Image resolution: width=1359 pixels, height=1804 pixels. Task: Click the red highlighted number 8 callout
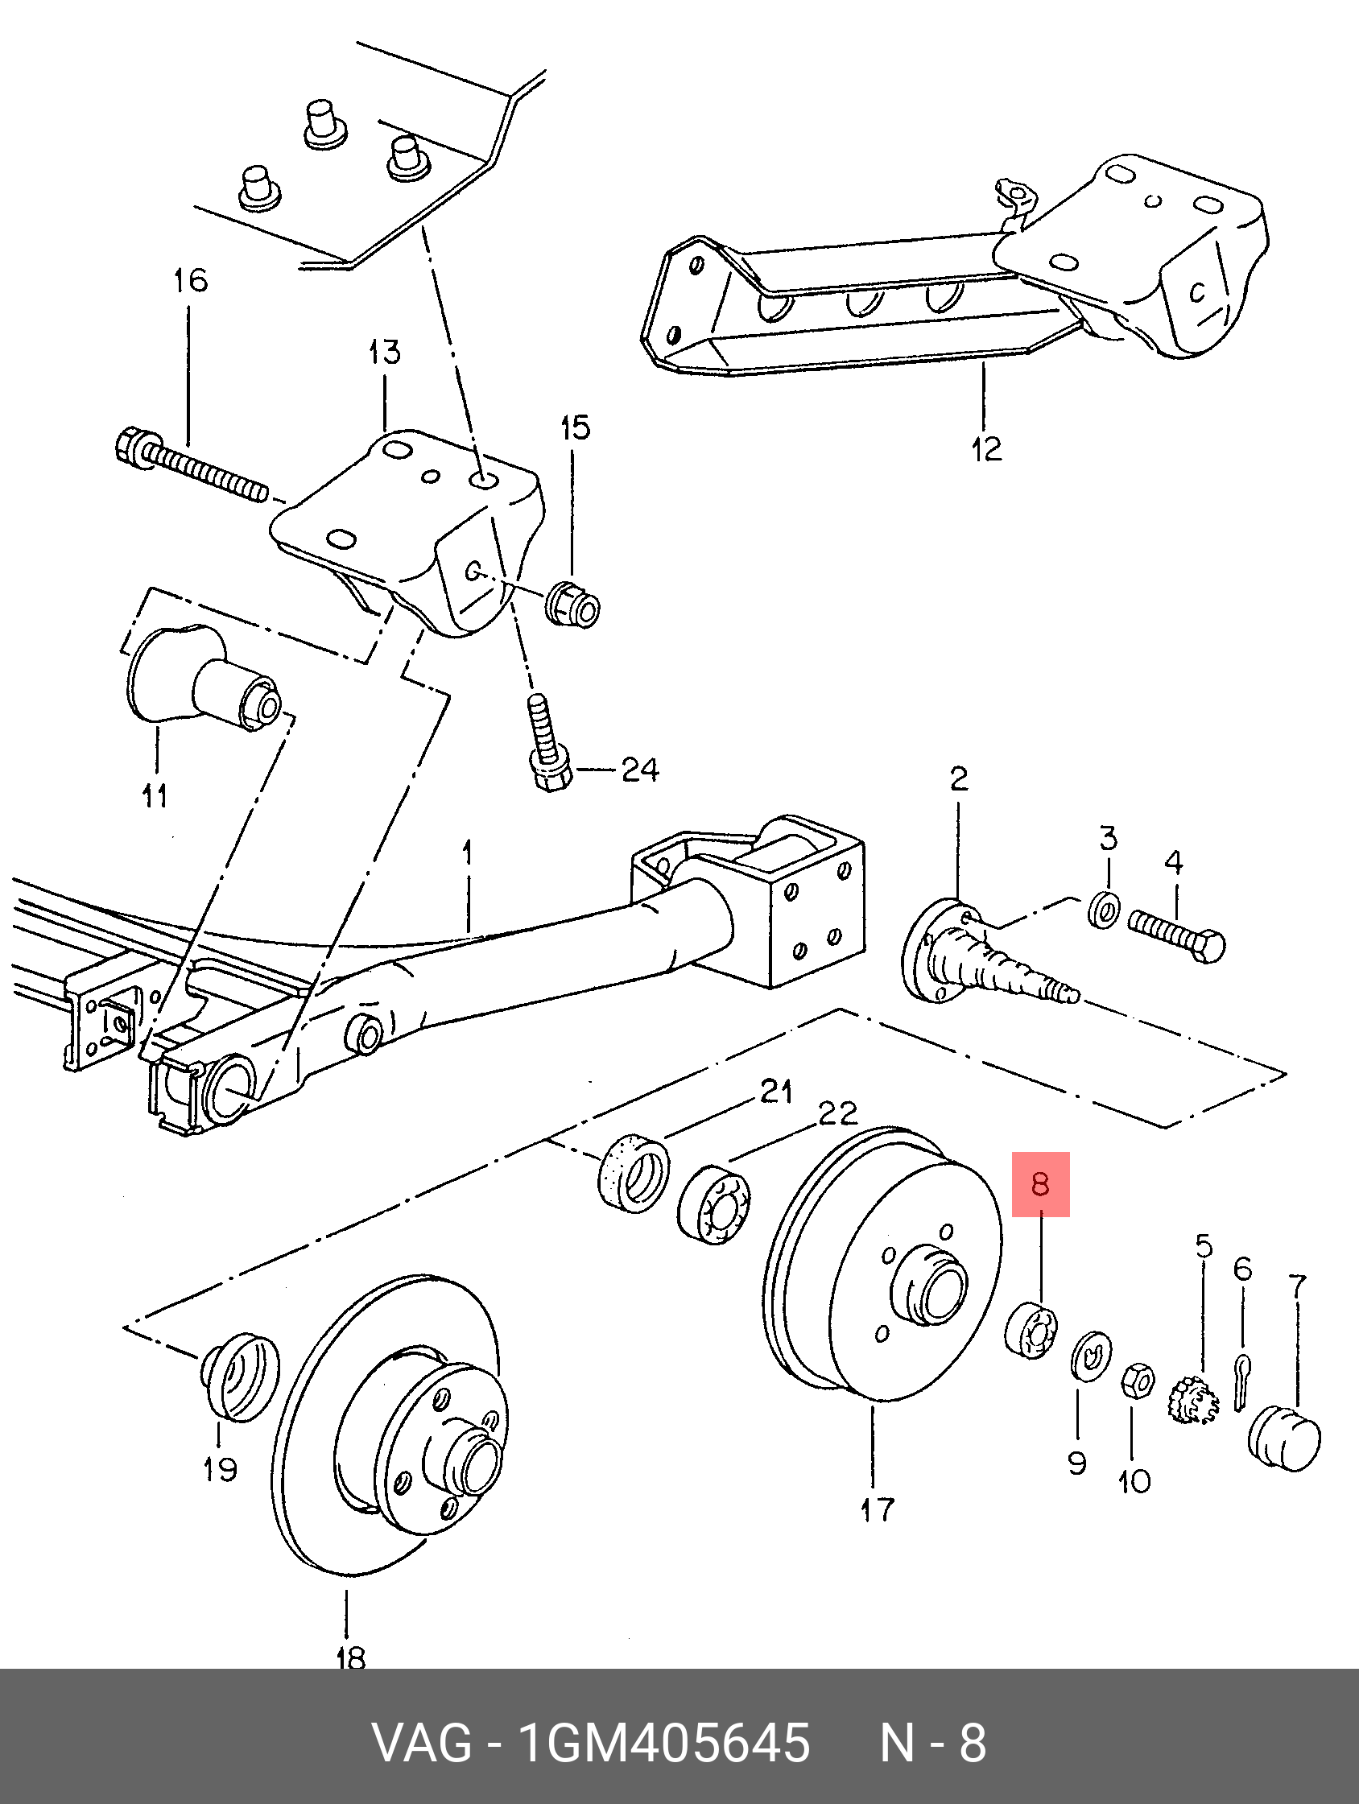tap(1040, 1183)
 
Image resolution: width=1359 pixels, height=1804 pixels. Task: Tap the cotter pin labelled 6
tap(1241, 1381)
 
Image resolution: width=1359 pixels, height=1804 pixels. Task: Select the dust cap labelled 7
tap(1284, 1437)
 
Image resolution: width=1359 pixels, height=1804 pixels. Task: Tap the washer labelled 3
tap(1105, 910)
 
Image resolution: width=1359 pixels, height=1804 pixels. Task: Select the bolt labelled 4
tap(1176, 935)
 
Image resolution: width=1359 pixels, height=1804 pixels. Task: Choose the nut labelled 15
tap(573, 601)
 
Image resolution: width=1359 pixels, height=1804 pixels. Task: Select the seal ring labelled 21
tap(634, 1172)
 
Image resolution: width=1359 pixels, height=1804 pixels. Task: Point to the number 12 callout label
tap(986, 448)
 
